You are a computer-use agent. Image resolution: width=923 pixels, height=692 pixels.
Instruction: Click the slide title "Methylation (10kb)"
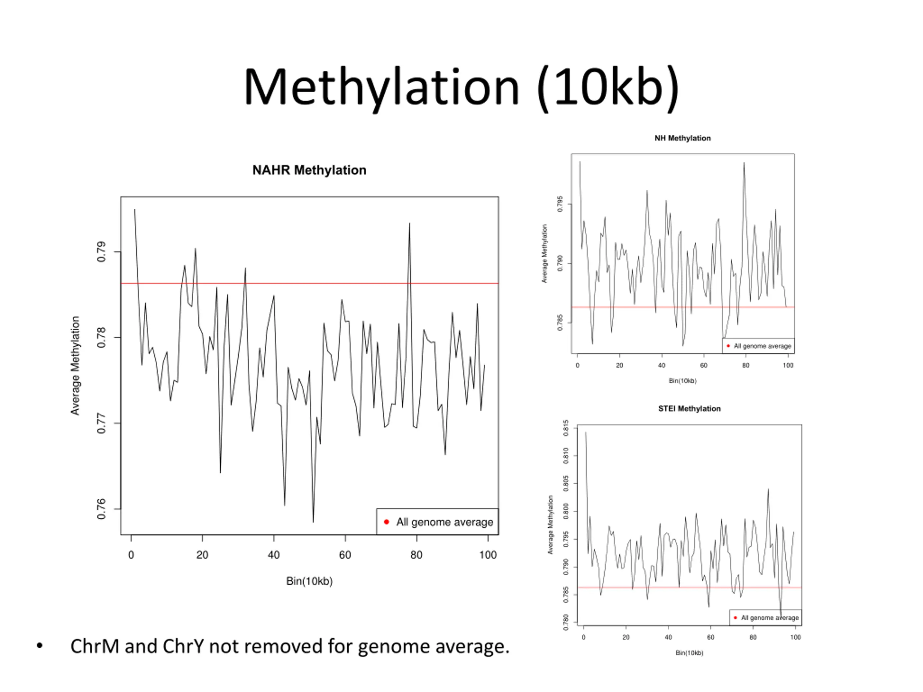[x=461, y=88]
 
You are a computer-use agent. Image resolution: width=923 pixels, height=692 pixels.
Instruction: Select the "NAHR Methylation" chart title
[x=309, y=170]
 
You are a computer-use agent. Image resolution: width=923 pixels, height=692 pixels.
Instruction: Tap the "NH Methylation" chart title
[x=682, y=138]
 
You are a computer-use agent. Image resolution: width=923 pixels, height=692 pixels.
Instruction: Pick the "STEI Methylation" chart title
[x=689, y=409]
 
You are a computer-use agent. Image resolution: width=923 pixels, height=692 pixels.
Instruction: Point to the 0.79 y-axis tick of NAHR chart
[x=101, y=252]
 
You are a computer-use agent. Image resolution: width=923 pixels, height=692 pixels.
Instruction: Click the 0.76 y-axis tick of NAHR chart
[x=101, y=509]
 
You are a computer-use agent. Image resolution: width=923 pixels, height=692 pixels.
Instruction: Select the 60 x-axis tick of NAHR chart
[x=345, y=555]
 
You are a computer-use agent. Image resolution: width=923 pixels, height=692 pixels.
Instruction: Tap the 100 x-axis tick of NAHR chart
[x=488, y=555]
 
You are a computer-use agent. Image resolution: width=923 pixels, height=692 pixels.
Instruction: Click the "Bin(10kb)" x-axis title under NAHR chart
[x=309, y=581]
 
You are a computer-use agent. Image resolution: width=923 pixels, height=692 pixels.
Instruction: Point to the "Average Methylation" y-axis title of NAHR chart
[x=75, y=365]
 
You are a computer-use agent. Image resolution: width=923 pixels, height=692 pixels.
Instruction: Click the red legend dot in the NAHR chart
[x=387, y=522]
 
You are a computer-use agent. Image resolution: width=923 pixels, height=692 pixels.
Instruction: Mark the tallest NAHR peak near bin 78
[x=409, y=224]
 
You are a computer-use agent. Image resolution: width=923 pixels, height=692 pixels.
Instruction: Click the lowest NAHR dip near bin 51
[x=313, y=522]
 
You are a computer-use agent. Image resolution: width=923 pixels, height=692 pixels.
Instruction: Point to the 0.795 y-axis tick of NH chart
[x=560, y=204]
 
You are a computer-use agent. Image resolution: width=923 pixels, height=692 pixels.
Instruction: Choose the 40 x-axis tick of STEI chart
[x=668, y=637]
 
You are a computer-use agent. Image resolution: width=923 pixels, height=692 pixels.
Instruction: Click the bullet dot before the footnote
[x=40, y=646]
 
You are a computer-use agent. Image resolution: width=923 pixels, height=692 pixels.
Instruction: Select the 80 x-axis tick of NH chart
[x=746, y=365]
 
